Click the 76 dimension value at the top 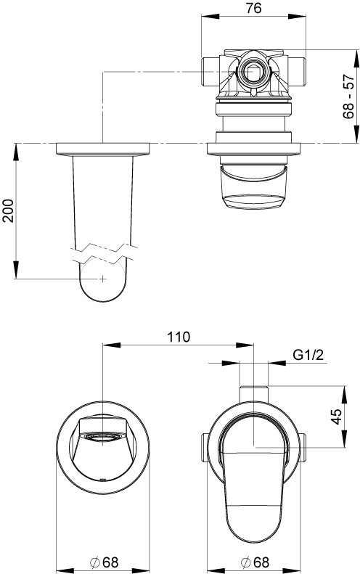253,8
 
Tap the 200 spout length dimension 8,211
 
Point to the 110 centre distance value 178,337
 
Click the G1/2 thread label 308,355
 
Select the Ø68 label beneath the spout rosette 103,561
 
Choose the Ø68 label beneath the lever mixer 254,561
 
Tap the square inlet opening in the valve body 253,72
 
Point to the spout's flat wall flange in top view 103,149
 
